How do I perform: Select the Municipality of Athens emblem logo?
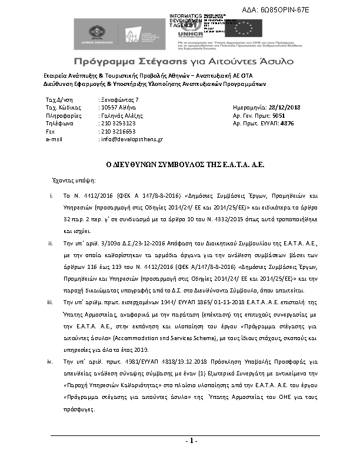tap(98, 32)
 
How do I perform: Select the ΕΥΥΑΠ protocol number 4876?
tap(288, 124)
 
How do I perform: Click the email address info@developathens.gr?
tap(131, 139)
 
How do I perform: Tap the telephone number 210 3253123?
tap(118, 124)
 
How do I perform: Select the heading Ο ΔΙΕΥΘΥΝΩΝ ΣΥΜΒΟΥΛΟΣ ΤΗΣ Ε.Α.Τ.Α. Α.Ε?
tap(181, 165)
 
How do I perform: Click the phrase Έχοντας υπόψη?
tap(69, 181)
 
